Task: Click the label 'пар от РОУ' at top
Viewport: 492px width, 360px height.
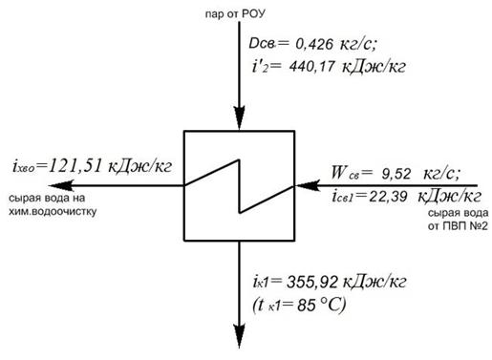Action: [235, 14]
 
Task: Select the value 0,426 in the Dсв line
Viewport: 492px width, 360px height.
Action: [314, 44]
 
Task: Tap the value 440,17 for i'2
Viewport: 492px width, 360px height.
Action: [311, 67]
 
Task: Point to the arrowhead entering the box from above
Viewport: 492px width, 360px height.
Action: [239, 117]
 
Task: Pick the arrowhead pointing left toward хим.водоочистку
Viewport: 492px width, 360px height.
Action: [61, 185]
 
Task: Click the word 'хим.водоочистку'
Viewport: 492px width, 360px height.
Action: [53, 211]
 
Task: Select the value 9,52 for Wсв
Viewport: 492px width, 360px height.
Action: [396, 174]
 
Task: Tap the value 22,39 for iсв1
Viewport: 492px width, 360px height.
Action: [388, 197]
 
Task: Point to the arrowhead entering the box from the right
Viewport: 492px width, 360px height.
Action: [308, 185]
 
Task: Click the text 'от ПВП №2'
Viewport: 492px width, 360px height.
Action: [458, 226]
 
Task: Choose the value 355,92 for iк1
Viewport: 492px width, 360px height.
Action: [312, 283]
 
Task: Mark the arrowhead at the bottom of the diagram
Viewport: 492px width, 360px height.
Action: [239, 336]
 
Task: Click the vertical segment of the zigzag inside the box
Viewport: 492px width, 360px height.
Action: [239, 186]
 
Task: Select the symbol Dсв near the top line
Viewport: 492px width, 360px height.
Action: [262, 44]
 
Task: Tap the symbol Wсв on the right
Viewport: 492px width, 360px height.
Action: [345, 174]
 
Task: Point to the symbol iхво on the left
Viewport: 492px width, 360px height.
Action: [24, 166]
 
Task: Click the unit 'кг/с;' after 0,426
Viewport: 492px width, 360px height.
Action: [358, 45]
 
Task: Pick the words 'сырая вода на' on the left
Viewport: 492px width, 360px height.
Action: [47, 198]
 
